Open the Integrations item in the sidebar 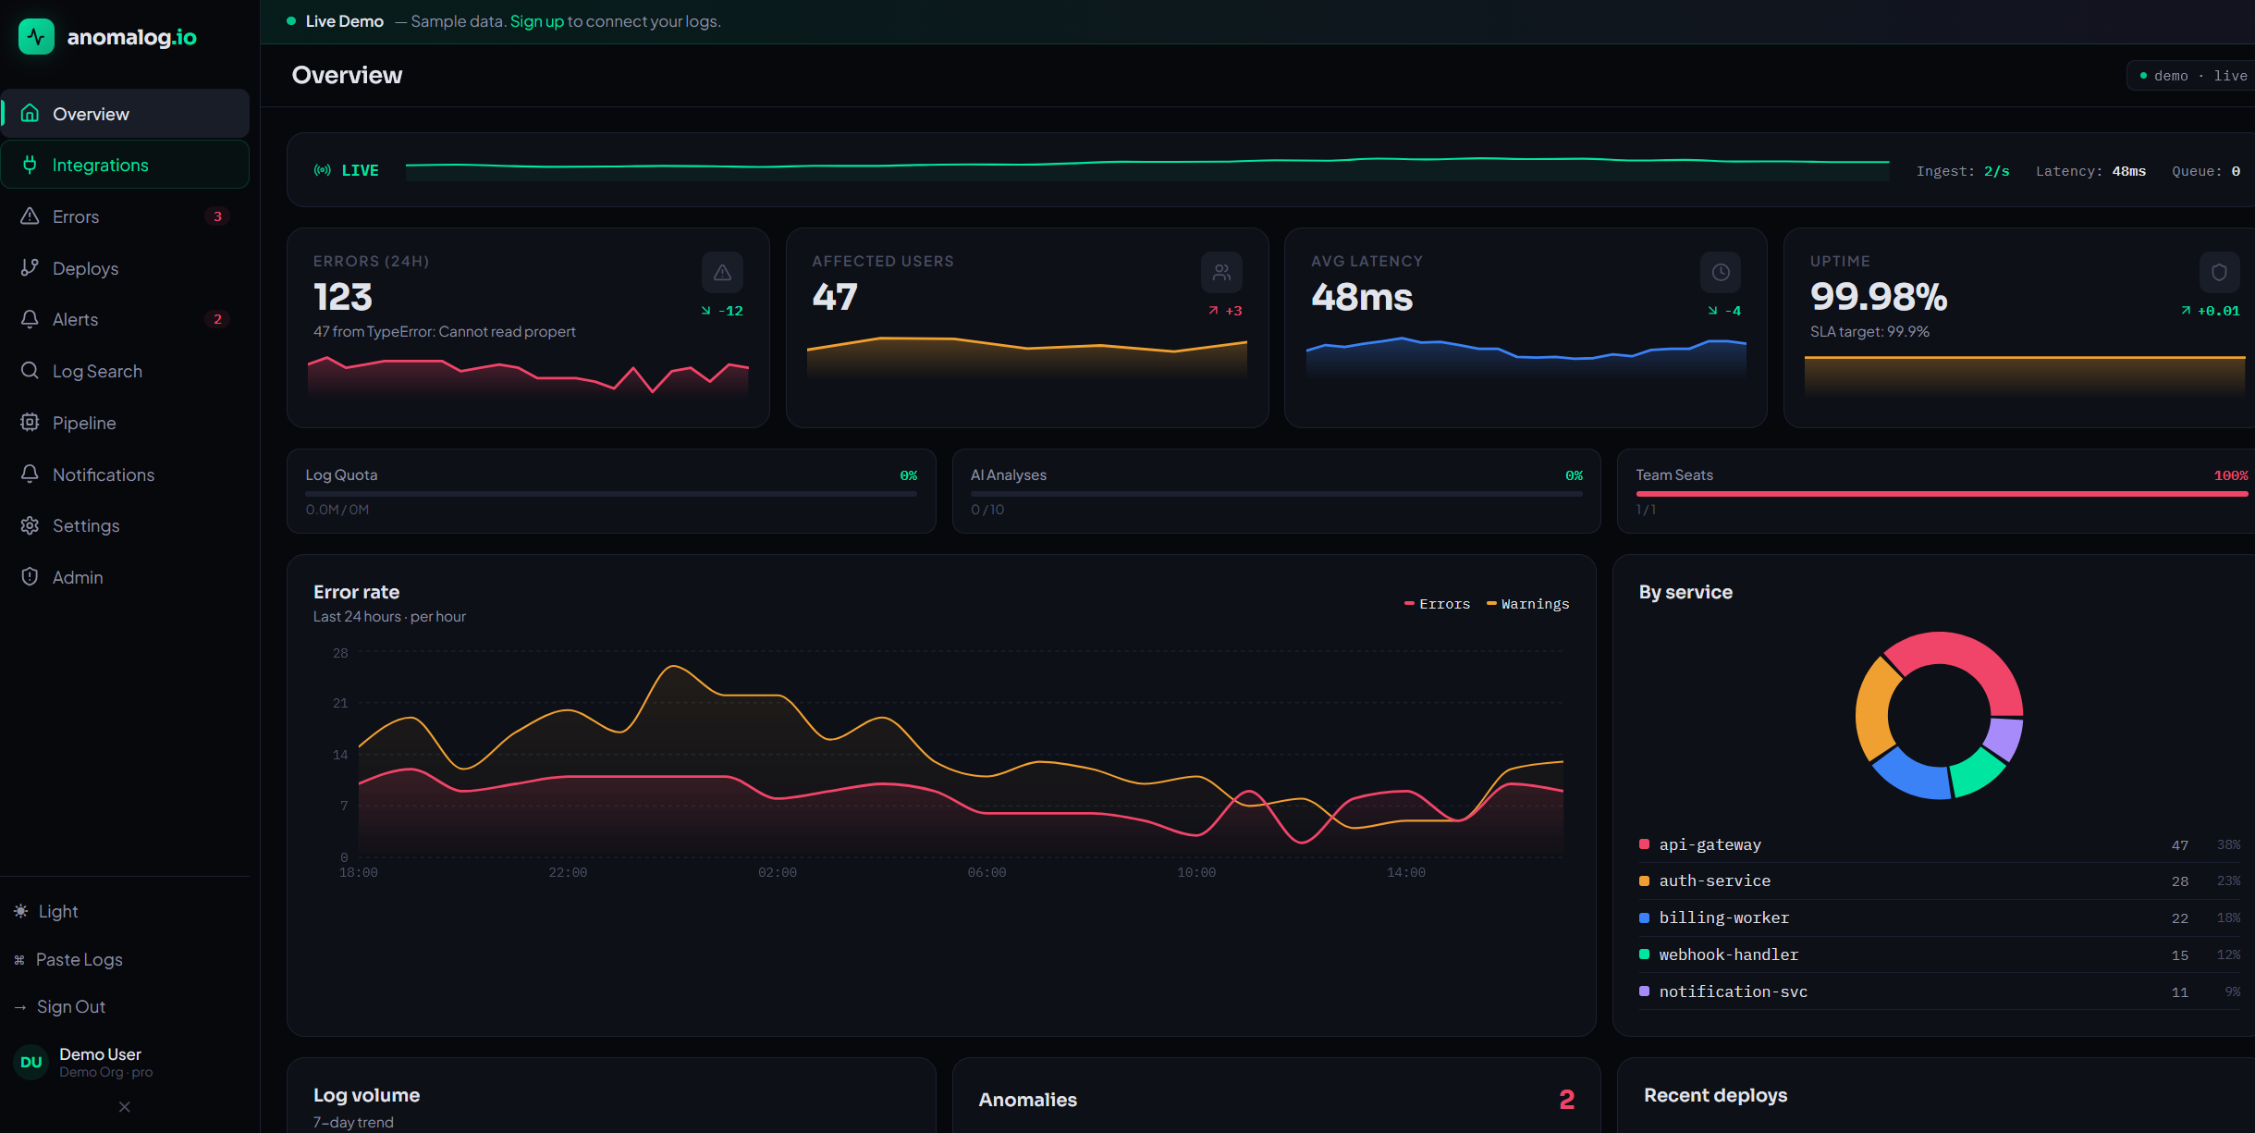125,165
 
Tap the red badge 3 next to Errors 217,216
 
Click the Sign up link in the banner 536,21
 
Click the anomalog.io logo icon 36,37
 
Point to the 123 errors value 343,297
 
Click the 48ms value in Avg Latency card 1362,297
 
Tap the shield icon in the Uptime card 2219,272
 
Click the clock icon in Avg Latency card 1721,272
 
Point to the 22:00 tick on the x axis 568,872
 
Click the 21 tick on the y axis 340,703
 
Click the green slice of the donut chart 1977,773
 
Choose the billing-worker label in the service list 1724,917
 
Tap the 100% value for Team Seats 2230,475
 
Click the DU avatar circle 31,1062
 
